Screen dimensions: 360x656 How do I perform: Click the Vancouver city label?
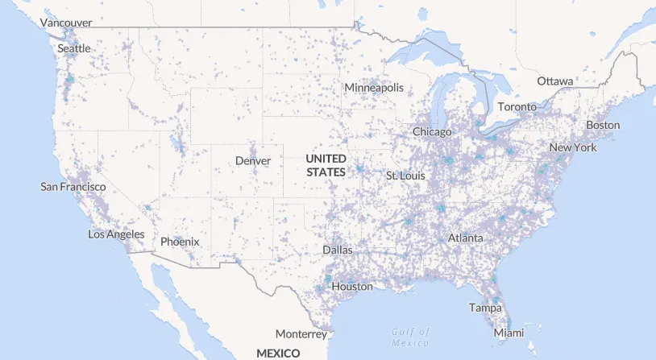pos(66,23)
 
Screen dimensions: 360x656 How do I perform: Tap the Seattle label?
pos(74,48)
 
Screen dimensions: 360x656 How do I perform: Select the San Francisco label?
pos(73,187)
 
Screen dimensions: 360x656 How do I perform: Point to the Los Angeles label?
pos(116,234)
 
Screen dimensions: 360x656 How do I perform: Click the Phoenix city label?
pos(180,241)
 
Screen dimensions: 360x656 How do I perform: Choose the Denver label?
pos(253,161)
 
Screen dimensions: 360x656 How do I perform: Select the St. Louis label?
pos(405,176)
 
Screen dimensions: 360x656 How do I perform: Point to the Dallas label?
pos(338,250)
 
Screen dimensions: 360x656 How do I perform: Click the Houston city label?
pos(352,286)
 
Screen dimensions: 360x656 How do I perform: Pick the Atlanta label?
pos(466,238)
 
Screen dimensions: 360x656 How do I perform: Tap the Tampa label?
pos(485,308)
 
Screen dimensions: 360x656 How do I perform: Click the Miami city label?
pos(509,333)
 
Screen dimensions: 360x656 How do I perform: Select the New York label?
pos(573,148)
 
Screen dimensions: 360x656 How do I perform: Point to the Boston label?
pos(603,125)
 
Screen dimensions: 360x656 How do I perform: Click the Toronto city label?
pos(517,107)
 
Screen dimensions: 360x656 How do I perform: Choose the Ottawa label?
pos(555,81)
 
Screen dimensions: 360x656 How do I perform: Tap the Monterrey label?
pos(301,333)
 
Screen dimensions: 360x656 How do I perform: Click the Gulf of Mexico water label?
pos(411,337)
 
